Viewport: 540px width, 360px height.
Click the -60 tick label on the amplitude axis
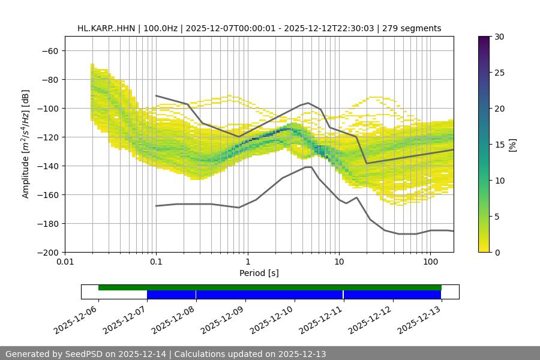click(x=50, y=50)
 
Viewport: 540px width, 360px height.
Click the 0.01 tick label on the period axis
click(x=65, y=262)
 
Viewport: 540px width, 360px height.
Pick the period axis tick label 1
click(x=247, y=262)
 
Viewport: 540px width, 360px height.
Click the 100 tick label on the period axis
click(x=430, y=262)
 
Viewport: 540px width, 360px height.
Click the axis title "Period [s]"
click(x=259, y=273)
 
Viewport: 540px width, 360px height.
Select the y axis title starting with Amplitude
click(x=26, y=144)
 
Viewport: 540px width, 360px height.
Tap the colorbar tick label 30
click(x=499, y=37)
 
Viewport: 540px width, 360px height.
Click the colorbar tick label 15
click(x=499, y=144)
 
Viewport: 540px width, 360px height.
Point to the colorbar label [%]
click(x=513, y=144)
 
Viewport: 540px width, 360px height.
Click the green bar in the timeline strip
click(x=270, y=287)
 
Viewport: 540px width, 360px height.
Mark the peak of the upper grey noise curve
click(x=308, y=103)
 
